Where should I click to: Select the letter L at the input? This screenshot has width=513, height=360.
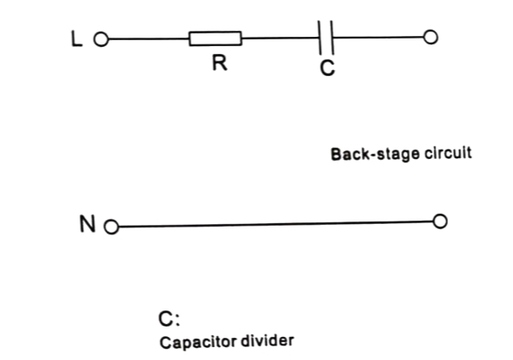(x=76, y=38)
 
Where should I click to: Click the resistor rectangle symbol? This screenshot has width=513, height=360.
(x=215, y=38)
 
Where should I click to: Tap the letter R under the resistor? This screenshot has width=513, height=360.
(x=220, y=64)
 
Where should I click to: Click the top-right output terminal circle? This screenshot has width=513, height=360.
(x=431, y=38)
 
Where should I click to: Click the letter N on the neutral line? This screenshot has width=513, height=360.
(x=87, y=225)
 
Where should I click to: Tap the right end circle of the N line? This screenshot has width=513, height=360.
(x=440, y=221)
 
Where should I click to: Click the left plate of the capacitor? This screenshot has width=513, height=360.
(x=320, y=38)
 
